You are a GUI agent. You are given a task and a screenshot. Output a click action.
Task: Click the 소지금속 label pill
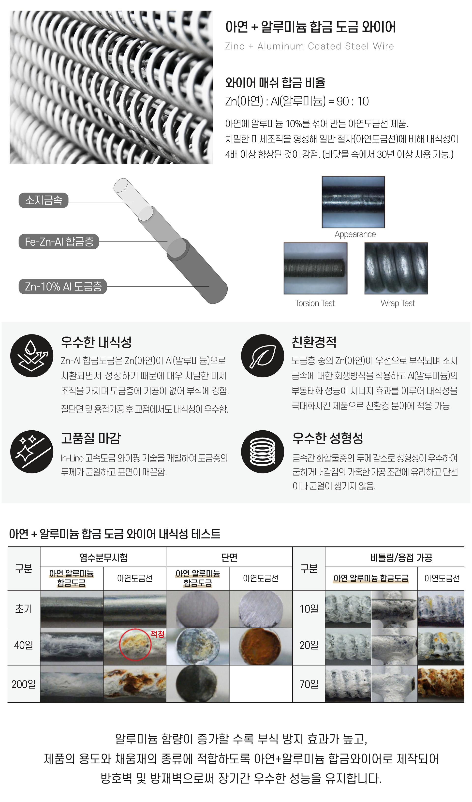click(44, 200)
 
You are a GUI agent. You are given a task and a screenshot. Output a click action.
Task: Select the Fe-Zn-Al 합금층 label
click(59, 242)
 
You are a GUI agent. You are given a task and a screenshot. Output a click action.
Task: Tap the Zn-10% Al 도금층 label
click(63, 287)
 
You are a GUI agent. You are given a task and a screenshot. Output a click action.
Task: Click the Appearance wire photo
click(353, 202)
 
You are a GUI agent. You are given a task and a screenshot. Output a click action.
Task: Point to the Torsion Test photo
click(315, 269)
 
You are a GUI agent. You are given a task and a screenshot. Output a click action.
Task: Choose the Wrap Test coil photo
click(396, 269)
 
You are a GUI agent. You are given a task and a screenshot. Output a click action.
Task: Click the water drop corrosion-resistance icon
click(32, 356)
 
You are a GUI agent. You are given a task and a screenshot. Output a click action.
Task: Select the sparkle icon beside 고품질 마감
click(32, 452)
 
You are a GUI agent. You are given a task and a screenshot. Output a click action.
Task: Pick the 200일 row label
click(24, 684)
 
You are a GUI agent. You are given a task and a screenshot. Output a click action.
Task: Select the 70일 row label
click(309, 684)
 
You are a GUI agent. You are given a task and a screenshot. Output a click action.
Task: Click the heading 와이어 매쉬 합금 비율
click(275, 83)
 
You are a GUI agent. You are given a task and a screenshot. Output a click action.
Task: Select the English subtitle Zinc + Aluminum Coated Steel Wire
click(310, 46)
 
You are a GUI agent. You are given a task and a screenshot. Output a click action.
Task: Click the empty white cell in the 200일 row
click(261, 684)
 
